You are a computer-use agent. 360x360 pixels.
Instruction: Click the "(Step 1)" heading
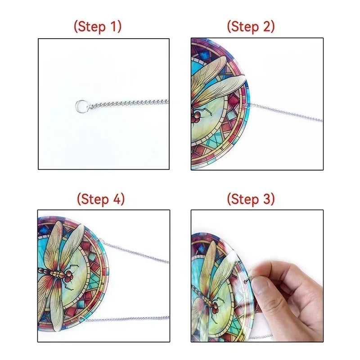(98, 27)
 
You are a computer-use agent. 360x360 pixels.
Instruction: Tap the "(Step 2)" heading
(251, 27)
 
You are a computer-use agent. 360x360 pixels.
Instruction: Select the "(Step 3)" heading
(251, 198)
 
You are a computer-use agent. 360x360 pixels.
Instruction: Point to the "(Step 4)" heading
(101, 198)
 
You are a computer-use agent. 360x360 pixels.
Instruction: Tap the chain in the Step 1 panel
(128, 104)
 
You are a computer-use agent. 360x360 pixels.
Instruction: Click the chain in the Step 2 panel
(286, 112)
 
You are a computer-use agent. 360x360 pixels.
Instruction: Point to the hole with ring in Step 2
(247, 106)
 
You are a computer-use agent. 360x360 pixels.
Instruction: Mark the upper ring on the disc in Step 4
(99, 241)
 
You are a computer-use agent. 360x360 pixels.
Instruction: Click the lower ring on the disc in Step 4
(81, 319)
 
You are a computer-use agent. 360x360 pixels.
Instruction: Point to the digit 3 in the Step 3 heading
(266, 199)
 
